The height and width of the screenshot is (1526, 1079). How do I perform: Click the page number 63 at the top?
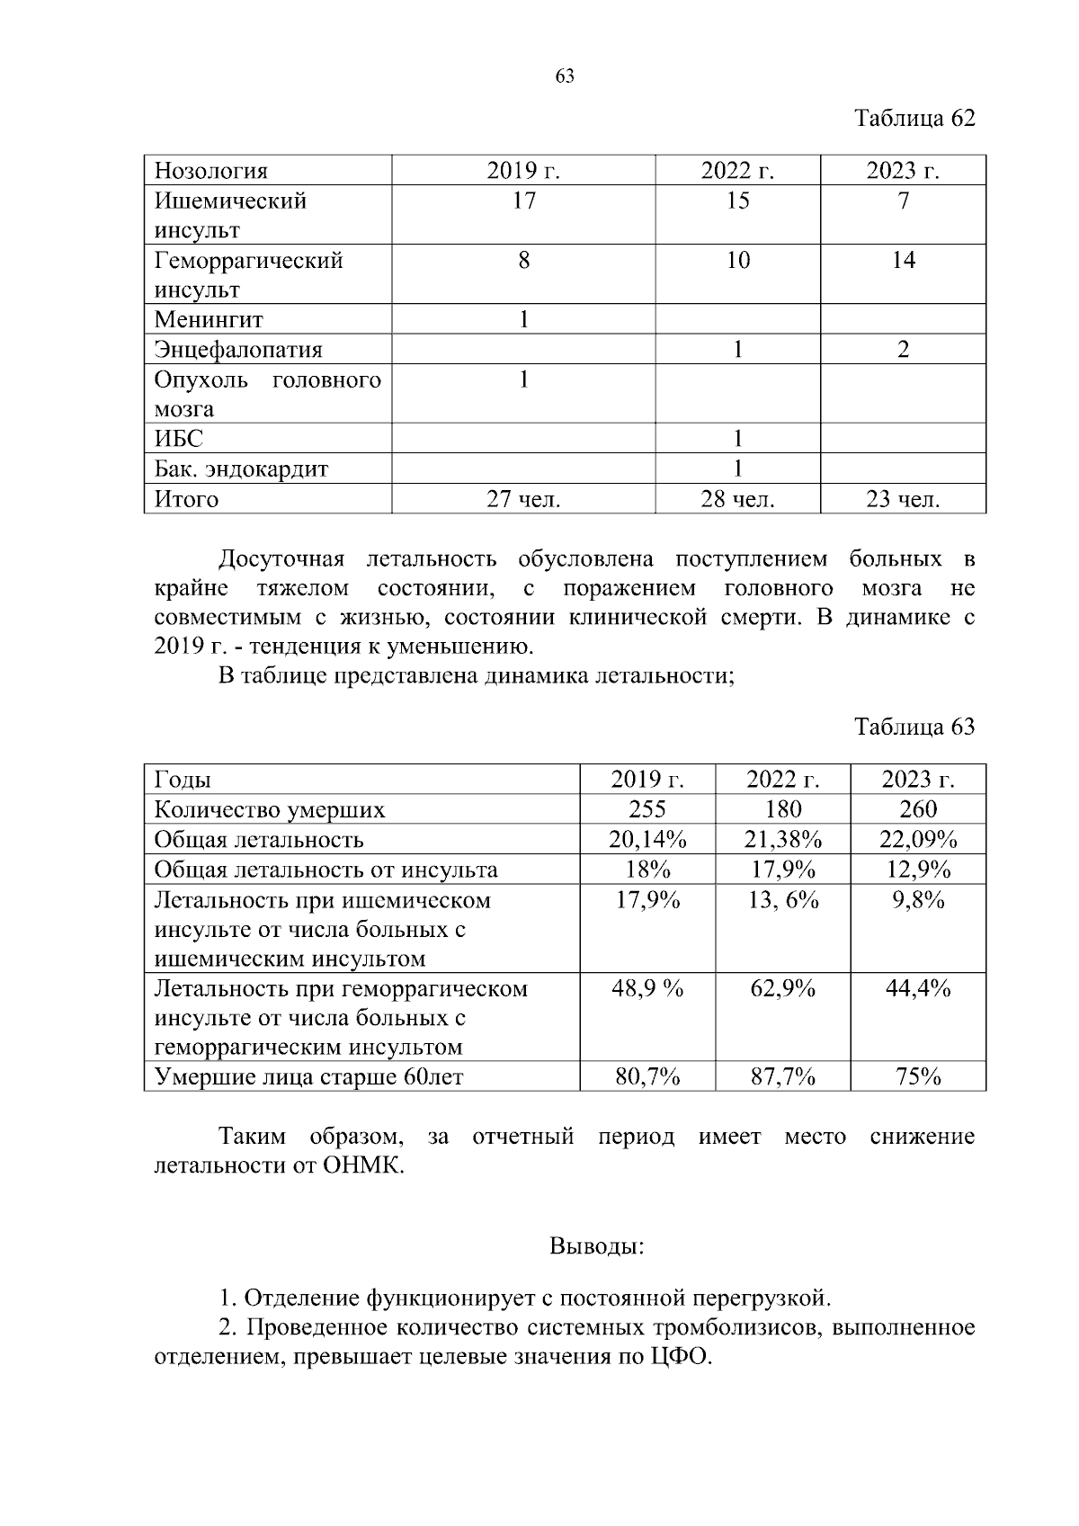(x=565, y=76)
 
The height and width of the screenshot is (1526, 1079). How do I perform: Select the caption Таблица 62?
(x=914, y=119)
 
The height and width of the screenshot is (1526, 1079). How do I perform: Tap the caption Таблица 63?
(x=914, y=727)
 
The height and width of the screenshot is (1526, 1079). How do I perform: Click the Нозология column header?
(x=211, y=171)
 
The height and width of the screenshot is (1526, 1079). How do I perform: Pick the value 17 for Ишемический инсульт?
(x=523, y=201)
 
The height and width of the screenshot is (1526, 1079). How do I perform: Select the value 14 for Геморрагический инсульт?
(x=903, y=261)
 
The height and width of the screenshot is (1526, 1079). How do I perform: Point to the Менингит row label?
(x=209, y=320)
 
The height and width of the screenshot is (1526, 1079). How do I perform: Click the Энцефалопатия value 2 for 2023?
(x=903, y=350)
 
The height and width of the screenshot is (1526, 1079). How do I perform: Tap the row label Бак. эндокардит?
(x=241, y=469)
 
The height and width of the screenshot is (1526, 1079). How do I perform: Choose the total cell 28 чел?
(x=737, y=499)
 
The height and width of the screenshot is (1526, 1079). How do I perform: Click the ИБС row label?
(x=179, y=439)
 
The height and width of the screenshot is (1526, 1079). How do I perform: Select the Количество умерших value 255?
(x=647, y=809)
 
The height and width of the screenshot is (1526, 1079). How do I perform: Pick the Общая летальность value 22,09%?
(x=918, y=840)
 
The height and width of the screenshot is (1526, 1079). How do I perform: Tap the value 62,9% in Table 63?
(x=783, y=989)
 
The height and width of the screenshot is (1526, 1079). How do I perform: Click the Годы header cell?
(x=183, y=780)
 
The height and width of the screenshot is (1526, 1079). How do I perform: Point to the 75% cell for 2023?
(x=918, y=1076)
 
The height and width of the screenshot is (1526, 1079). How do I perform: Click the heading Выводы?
(x=596, y=1247)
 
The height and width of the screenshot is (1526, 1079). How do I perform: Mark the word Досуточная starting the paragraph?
(x=281, y=559)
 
